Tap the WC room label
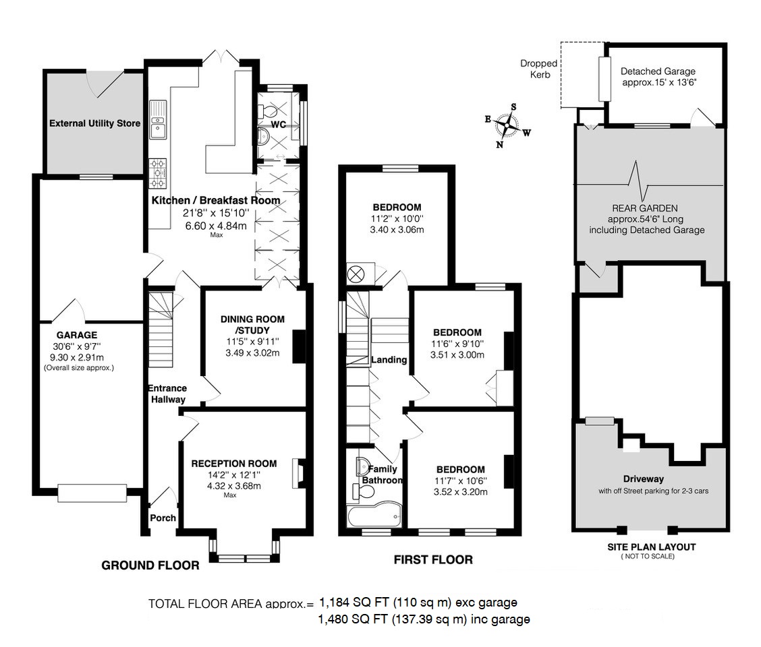pyautogui.click(x=279, y=125)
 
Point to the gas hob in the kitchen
pyautogui.click(x=157, y=173)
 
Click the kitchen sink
pyautogui.click(x=158, y=127)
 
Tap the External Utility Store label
pyautogui.click(x=94, y=123)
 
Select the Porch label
pyautogui.click(x=163, y=518)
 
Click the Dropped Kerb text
pyautogui.click(x=538, y=69)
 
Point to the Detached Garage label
pyautogui.click(x=658, y=71)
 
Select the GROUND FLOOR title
pyautogui.click(x=150, y=565)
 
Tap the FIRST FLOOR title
pyautogui.click(x=433, y=559)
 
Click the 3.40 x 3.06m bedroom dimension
pyautogui.click(x=397, y=230)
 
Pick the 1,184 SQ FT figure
pyautogui.click(x=351, y=602)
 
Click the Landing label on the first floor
pyautogui.click(x=389, y=360)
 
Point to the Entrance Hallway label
pyautogui.click(x=167, y=394)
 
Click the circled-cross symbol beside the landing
pyautogui.click(x=356, y=274)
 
